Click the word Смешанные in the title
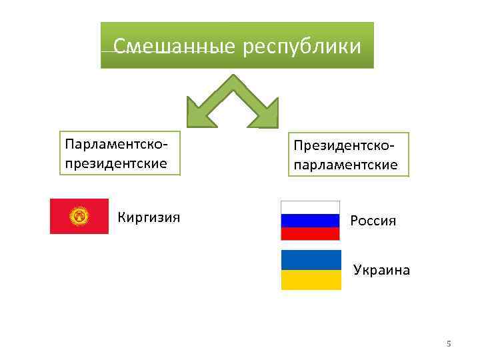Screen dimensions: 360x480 tap(174, 47)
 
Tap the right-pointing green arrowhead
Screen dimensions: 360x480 tap(266, 113)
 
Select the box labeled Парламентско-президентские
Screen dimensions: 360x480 tap(120, 152)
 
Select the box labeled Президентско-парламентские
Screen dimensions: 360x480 tap(348, 154)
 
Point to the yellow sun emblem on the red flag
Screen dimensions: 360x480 tap(79, 216)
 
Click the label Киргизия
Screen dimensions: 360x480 tap(149, 217)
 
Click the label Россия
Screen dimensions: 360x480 tap(373, 221)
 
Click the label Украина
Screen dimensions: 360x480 tap(381, 271)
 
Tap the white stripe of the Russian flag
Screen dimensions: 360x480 tap(311, 207)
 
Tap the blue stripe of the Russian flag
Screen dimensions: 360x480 tap(311, 221)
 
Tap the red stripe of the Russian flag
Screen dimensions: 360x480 tap(311, 233)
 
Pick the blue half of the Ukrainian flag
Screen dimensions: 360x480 tap(311, 260)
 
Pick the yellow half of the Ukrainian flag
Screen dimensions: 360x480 tap(311, 280)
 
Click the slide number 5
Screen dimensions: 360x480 tap(449, 344)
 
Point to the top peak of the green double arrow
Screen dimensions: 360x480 tap(233, 77)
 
